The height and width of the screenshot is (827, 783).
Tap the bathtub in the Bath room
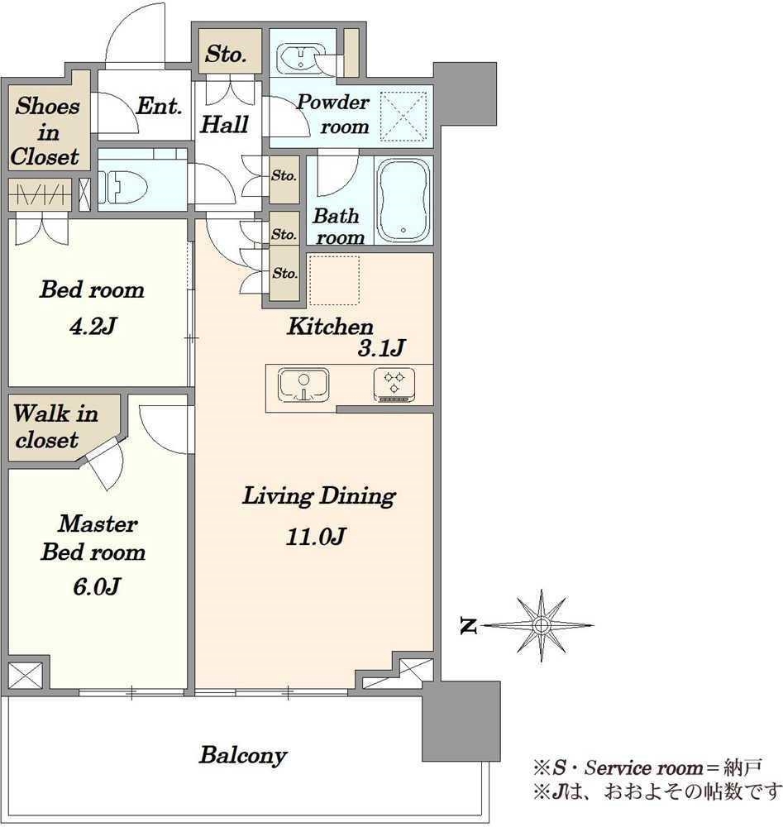pyautogui.click(x=403, y=200)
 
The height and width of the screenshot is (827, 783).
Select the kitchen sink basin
pyautogui.click(x=303, y=385)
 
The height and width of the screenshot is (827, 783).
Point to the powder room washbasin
pyautogui.click(x=298, y=58)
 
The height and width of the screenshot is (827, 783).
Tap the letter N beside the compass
pyautogui.click(x=468, y=626)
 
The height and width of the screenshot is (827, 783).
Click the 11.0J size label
pyautogui.click(x=315, y=537)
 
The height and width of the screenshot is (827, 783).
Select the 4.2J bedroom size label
pyautogui.click(x=93, y=327)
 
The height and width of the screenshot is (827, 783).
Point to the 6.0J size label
pyautogui.click(x=97, y=586)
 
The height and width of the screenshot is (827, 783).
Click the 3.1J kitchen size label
pyautogui.click(x=381, y=348)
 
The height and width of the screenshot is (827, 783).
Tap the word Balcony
pyautogui.click(x=243, y=756)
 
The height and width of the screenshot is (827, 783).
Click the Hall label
pyautogui.click(x=224, y=125)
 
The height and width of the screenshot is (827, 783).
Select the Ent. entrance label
pyautogui.click(x=160, y=106)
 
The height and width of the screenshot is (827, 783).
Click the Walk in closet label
pyautogui.click(x=55, y=427)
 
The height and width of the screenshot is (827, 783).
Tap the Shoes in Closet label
pyautogui.click(x=46, y=131)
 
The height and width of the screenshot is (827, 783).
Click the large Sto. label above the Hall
pyautogui.click(x=226, y=54)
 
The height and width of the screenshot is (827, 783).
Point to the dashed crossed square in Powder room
pyautogui.click(x=403, y=117)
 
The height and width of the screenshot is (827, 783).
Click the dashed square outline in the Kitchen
pyautogui.click(x=334, y=280)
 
